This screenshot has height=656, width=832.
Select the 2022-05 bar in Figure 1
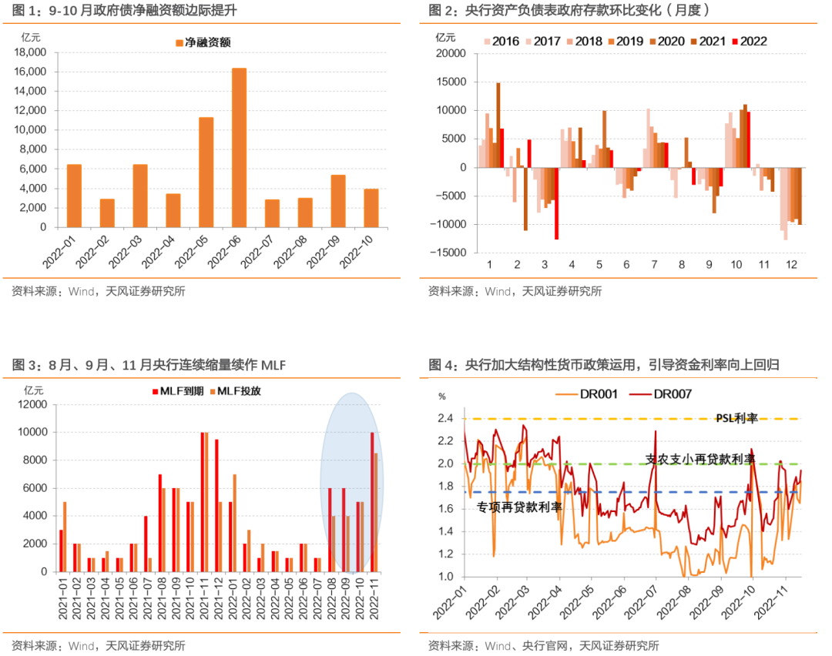206,172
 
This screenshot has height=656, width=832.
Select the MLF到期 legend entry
178,391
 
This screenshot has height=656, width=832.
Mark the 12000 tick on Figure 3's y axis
33,404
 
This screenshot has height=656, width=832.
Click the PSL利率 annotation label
736,418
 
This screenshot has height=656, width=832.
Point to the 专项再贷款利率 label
519,507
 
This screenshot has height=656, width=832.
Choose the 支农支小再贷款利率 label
699,459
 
